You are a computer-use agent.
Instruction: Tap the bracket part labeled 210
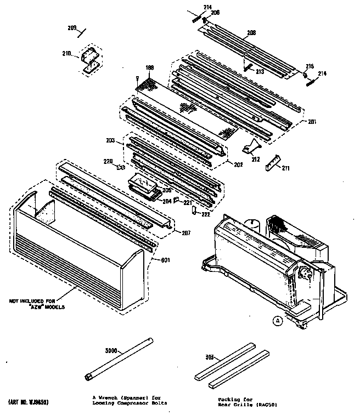click(89, 58)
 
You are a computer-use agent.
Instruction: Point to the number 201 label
click(312, 122)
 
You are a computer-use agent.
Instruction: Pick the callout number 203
click(110, 141)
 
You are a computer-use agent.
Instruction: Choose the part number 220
click(109, 161)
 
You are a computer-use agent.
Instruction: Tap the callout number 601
click(164, 260)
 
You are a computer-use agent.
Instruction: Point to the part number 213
click(260, 72)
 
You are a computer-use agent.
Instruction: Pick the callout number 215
click(310, 66)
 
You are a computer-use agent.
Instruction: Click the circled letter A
click(278, 321)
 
